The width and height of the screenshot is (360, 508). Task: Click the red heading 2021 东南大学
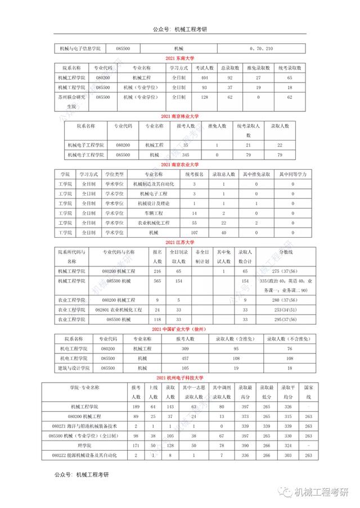pyautogui.click(x=180, y=58)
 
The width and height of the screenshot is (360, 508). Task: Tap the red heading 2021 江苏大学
pyautogui.click(x=180, y=242)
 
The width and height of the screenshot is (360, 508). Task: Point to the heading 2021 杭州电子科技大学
pyautogui.click(x=180, y=377)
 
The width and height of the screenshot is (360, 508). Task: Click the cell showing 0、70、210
pyautogui.click(x=262, y=49)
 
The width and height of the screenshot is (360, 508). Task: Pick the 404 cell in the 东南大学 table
pyautogui.click(x=205, y=77)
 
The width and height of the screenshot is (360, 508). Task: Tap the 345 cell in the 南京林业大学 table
pyautogui.click(x=186, y=154)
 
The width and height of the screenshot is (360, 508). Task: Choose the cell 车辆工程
pyautogui.click(x=154, y=213)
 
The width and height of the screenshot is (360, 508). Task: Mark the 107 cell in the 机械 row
pyautogui.click(x=194, y=232)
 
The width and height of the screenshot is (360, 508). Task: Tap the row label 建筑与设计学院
pyautogui.click(x=74, y=368)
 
